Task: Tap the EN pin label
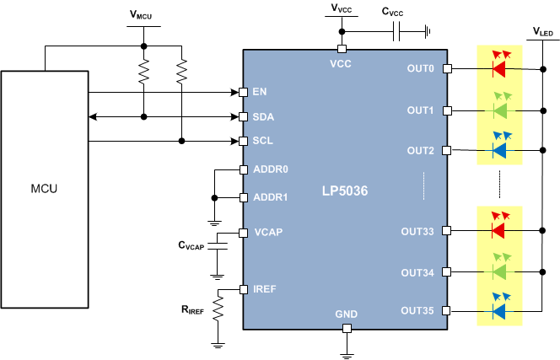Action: [x=261, y=91]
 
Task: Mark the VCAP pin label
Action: [x=268, y=232]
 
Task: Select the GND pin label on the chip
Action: [x=346, y=314]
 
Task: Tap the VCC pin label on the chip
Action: [x=341, y=62]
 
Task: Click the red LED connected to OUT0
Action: [x=499, y=68]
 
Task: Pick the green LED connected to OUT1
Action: [x=499, y=110]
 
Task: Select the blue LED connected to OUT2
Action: [x=499, y=150]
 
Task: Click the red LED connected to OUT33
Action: [x=499, y=229]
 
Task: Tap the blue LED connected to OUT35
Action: [x=499, y=311]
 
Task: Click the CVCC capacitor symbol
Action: [x=397, y=32]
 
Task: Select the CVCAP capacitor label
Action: [x=191, y=246]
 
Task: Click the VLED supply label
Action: [x=542, y=31]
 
